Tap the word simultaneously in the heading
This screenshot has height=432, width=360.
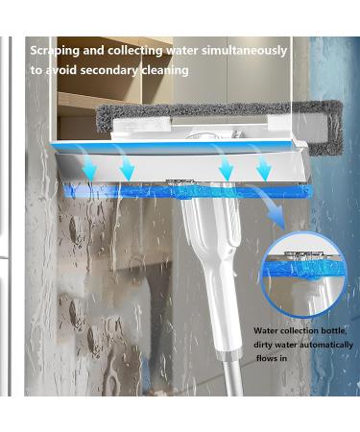point(241,50)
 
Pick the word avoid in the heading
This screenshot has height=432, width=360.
point(61,70)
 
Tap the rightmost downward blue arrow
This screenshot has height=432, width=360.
point(263,167)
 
